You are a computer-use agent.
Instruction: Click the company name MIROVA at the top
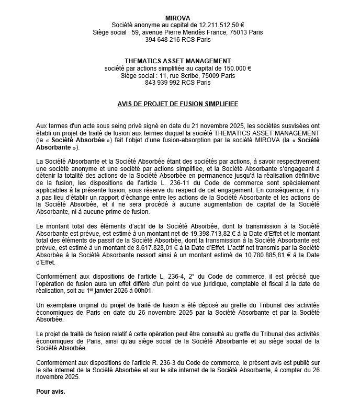tap(177, 18)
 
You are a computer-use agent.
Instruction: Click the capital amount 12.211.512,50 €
tap(220, 25)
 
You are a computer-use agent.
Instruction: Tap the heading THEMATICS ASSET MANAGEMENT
tap(177, 61)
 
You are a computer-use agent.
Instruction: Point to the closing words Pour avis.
tap(51, 391)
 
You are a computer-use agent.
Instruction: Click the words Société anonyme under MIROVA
tap(134, 25)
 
